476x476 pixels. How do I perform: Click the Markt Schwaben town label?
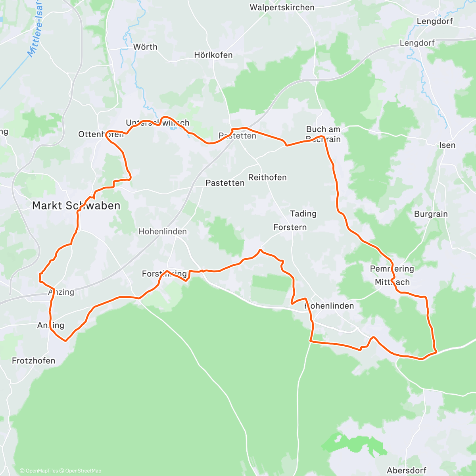point(76,205)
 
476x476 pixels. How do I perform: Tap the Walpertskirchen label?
point(282,8)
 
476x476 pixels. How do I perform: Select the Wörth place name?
point(145,47)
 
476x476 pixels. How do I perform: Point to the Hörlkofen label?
point(213,55)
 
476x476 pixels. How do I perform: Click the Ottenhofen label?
point(101,134)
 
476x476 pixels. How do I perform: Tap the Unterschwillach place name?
point(157,123)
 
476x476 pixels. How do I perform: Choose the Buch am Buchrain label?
point(323,134)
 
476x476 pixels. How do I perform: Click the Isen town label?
point(447,145)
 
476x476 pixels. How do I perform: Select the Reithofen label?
point(267,177)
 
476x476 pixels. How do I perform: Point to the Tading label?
point(303,214)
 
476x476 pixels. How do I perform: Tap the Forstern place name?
point(290,227)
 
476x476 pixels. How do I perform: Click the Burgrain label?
point(431,214)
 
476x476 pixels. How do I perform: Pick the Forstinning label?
point(164,274)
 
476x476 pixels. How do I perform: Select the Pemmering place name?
point(392,269)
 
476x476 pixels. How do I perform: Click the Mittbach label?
point(392,282)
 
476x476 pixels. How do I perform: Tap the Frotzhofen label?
point(33,361)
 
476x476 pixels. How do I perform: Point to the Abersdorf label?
point(406,470)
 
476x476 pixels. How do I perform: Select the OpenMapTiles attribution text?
point(39,471)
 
